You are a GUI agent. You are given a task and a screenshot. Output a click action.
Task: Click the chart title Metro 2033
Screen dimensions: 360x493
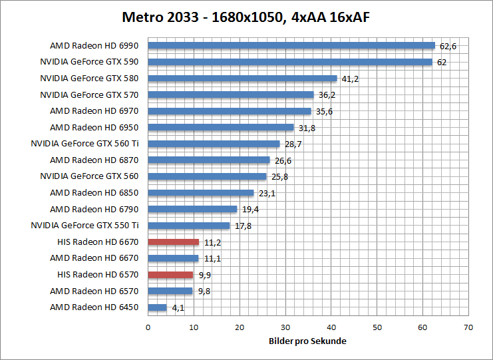(246, 17)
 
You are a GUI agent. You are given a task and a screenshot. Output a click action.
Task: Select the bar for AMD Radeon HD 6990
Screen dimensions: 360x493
(291, 46)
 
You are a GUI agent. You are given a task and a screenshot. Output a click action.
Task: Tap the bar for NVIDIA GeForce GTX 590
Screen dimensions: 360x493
(290, 62)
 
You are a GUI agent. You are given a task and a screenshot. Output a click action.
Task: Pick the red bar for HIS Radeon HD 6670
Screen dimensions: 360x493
(174, 242)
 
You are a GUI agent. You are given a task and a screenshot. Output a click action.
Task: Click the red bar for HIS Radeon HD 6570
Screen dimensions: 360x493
(170, 274)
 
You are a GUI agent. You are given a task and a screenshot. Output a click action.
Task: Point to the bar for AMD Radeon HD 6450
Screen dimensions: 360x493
(157, 307)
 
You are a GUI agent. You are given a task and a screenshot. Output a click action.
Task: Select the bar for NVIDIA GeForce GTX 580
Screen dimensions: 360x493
(242, 79)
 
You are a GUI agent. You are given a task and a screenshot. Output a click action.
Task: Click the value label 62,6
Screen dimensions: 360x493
(448, 46)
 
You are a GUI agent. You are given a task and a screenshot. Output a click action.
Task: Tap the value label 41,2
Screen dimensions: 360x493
(350, 79)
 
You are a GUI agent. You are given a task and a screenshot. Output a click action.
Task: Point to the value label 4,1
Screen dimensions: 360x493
(178, 307)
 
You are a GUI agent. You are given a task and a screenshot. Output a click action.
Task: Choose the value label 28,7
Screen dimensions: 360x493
(293, 144)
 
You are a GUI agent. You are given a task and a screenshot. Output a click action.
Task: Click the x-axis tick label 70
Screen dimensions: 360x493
(468, 327)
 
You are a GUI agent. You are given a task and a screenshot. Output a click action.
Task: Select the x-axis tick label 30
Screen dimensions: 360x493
(285, 327)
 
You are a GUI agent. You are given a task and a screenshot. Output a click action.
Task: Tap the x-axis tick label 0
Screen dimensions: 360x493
(148, 327)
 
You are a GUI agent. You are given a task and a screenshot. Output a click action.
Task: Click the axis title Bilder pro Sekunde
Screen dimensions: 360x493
(308, 341)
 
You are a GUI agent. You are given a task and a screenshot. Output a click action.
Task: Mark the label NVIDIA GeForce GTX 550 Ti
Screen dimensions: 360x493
(85, 226)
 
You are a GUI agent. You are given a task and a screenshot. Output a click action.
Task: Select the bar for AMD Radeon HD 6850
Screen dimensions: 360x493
(201, 193)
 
